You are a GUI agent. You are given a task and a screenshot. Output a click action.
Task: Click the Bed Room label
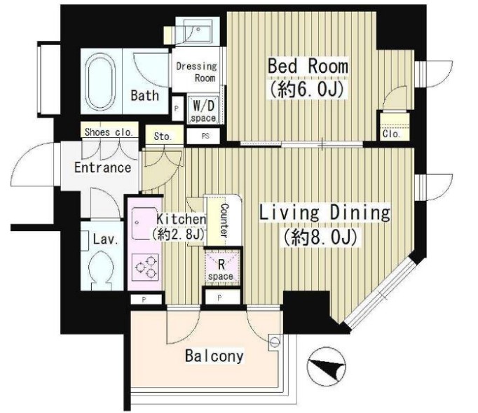[x=308, y=66]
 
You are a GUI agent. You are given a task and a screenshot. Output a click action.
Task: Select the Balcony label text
[x=214, y=356]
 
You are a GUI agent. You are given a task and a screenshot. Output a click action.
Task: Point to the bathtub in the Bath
[x=101, y=82]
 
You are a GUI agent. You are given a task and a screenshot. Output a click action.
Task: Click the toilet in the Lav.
[x=102, y=270]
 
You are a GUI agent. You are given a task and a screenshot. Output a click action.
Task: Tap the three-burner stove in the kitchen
[x=145, y=267]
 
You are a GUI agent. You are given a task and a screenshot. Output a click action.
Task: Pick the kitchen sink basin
[x=144, y=224]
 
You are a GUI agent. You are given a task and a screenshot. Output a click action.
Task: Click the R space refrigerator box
[x=221, y=267]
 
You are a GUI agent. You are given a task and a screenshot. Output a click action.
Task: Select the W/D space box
[x=203, y=110]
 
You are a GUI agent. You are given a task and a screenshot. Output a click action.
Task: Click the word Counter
[x=224, y=220]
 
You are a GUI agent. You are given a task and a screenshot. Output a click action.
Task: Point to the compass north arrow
[x=327, y=365]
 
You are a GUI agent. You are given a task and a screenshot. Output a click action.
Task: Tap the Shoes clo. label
[x=109, y=132]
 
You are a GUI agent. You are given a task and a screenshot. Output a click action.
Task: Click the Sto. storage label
[x=163, y=136]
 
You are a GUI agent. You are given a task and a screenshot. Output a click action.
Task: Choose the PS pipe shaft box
[x=203, y=136]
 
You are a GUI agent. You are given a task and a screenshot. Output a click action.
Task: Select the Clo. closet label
[x=391, y=134]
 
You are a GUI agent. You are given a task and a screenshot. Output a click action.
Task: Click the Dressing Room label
[x=196, y=72]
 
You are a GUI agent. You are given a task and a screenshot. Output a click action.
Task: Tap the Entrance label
[x=103, y=167]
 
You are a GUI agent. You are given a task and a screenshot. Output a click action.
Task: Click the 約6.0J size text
[x=307, y=89]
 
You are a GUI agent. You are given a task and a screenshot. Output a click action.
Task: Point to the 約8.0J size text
[x=320, y=237]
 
